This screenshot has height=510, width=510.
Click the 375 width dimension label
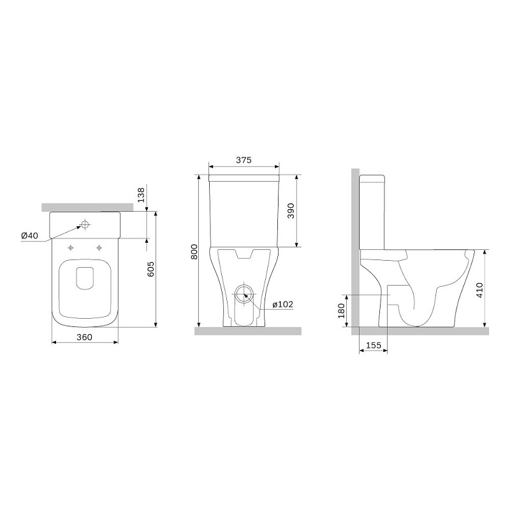tap(244, 160)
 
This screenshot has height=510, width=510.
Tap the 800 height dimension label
tap(194, 251)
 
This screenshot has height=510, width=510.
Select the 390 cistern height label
tap(291, 211)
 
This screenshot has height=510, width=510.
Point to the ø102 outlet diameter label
tap(282, 305)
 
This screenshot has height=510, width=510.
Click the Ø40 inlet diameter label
tap(29, 235)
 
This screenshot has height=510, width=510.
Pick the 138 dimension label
tap(141, 195)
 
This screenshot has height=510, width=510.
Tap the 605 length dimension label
tap(150, 269)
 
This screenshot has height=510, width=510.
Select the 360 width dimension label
tap(84, 337)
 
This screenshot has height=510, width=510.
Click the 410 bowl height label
tap(479, 291)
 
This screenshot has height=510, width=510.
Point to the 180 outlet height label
tap(341, 310)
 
